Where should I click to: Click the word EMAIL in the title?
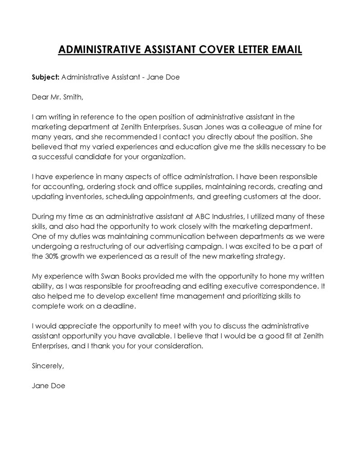click(x=283, y=50)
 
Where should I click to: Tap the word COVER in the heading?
click(x=196, y=50)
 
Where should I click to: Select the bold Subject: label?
click(x=45, y=77)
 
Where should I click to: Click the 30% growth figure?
click(x=54, y=256)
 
